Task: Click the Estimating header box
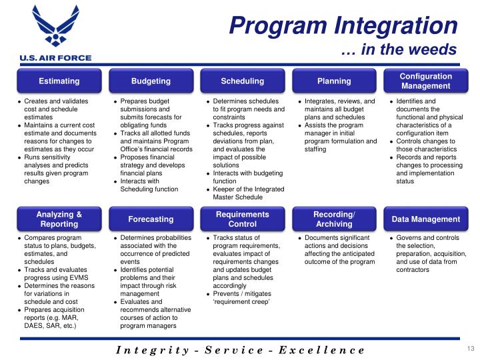[59, 81]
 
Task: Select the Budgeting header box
[151, 81]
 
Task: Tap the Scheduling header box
[242, 81]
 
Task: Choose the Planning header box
[334, 81]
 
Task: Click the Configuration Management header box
[425, 81]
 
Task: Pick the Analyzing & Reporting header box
[59, 219]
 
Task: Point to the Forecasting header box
[151, 219]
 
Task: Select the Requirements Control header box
[242, 219]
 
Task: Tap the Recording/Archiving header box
[334, 219]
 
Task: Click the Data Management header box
[425, 219]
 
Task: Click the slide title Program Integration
[343, 26]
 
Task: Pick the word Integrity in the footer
[154, 350]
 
